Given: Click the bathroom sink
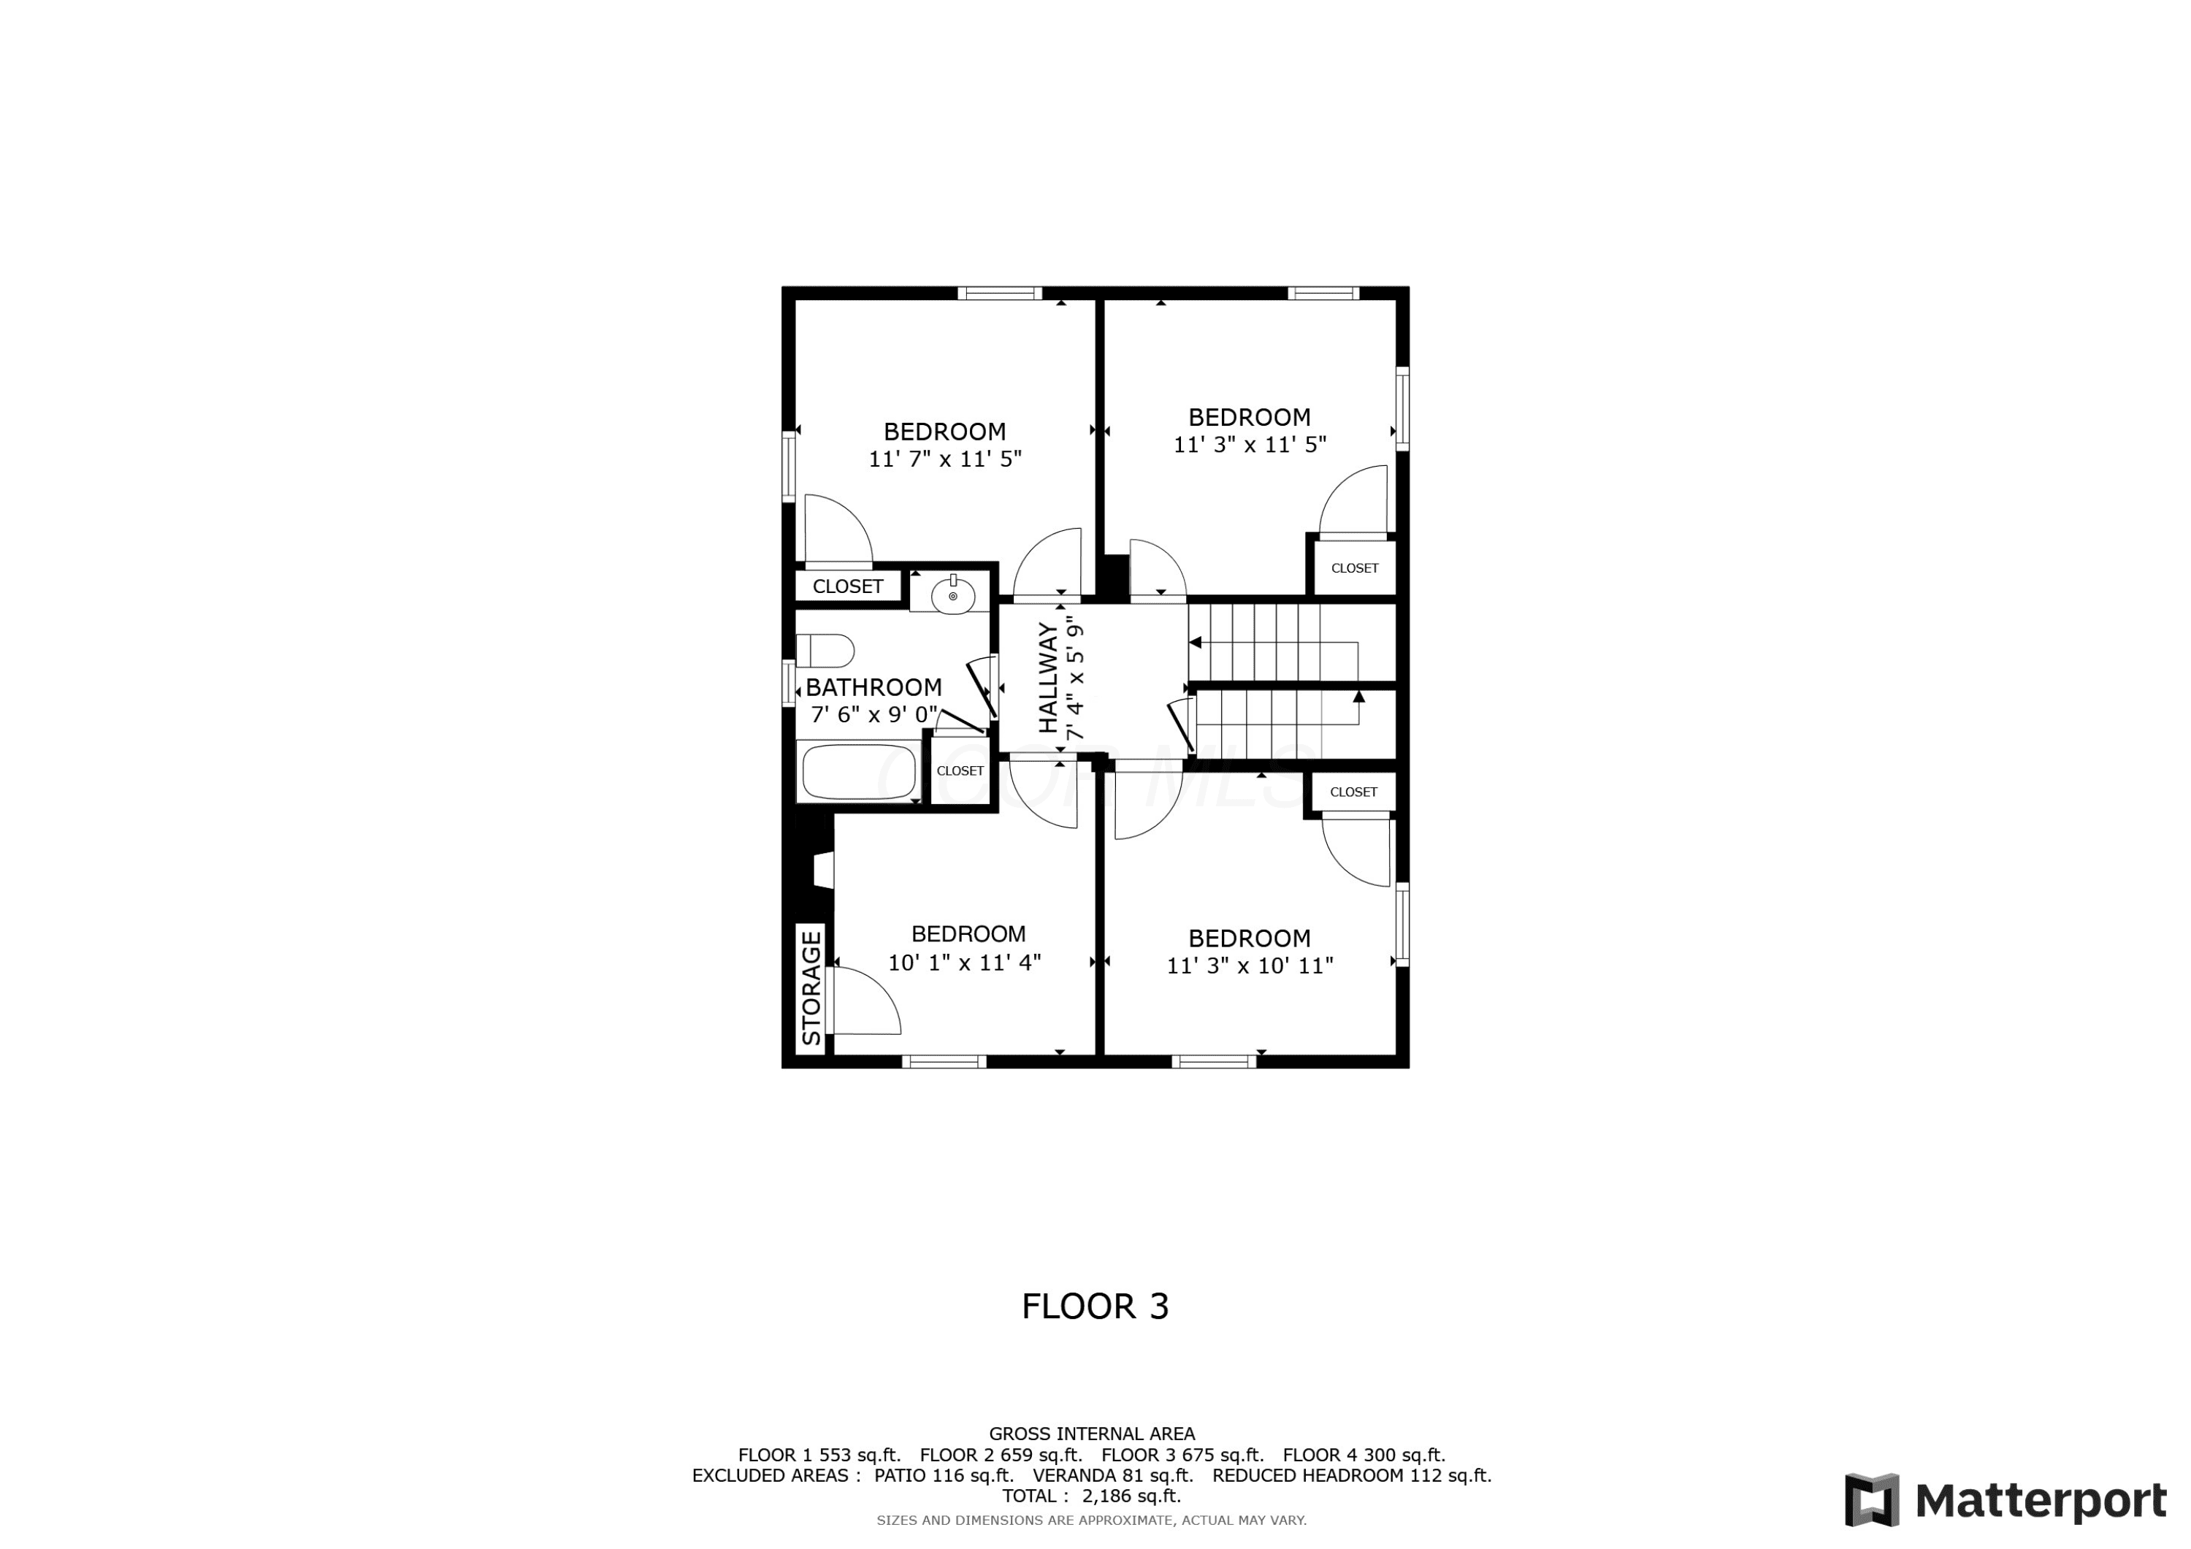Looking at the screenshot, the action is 952,594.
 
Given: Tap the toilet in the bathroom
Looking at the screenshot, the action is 825,651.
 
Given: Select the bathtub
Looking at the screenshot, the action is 859,771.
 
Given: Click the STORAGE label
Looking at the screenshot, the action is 811,988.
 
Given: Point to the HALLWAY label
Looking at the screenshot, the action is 1048,678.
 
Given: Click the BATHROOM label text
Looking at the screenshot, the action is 873,687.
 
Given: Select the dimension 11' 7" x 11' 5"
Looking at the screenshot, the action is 945,459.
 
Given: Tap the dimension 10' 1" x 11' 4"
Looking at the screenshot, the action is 964,962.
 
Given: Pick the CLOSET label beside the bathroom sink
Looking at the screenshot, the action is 847,586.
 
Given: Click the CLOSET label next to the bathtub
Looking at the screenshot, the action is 960,770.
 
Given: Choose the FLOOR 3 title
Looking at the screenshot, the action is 1095,1307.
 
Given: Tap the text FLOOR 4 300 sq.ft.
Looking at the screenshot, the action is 1364,1456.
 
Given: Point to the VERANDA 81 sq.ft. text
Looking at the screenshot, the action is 1113,1475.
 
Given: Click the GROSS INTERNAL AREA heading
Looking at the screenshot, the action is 1092,1434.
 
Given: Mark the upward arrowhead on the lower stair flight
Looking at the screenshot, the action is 1359,697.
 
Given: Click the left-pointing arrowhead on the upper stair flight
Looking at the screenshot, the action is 1195,643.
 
